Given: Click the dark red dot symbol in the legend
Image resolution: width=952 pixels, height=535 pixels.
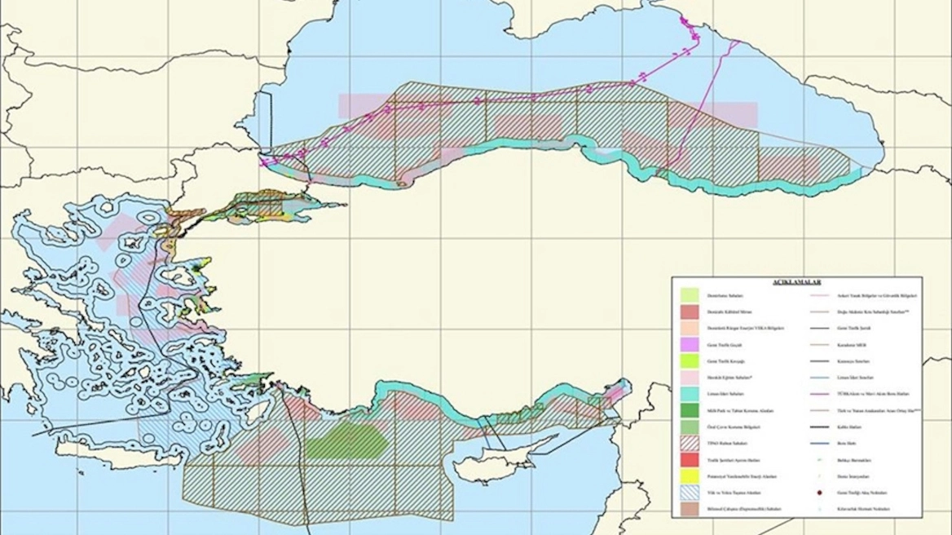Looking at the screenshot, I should point(817,493).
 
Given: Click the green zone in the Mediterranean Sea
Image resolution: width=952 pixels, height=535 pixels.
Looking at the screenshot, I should point(346,443).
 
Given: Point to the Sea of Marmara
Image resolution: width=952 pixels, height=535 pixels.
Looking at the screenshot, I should point(269,203).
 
